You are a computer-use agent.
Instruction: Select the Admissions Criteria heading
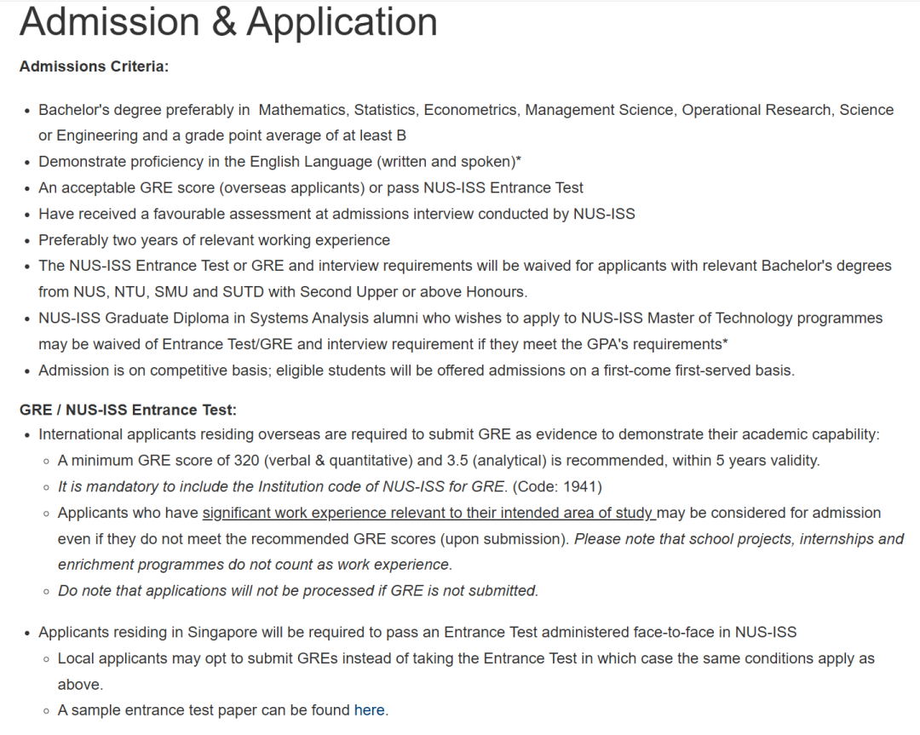[x=94, y=66]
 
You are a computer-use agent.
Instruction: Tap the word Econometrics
[x=470, y=110]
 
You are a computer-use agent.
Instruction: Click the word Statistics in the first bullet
[x=385, y=110]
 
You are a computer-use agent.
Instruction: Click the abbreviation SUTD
[x=243, y=291]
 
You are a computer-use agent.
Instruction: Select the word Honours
[x=497, y=291]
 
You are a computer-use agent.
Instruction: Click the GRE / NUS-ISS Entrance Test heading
[x=128, y=411]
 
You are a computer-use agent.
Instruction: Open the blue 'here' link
[x=369, y=710]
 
